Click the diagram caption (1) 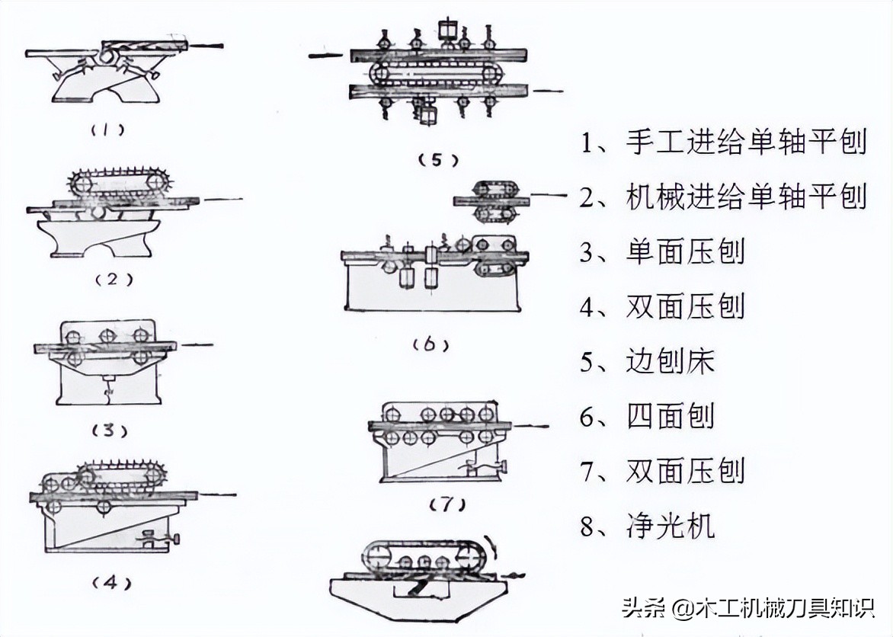109,130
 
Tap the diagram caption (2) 114,279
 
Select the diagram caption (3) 109,431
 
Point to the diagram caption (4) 110,584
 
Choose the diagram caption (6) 430,344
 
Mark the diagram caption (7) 447,504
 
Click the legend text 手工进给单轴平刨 747,142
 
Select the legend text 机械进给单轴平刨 747,197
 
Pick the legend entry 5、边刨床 648,361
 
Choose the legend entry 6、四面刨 648,416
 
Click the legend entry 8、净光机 648,526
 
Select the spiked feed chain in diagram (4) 123,475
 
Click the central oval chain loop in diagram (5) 438,73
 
